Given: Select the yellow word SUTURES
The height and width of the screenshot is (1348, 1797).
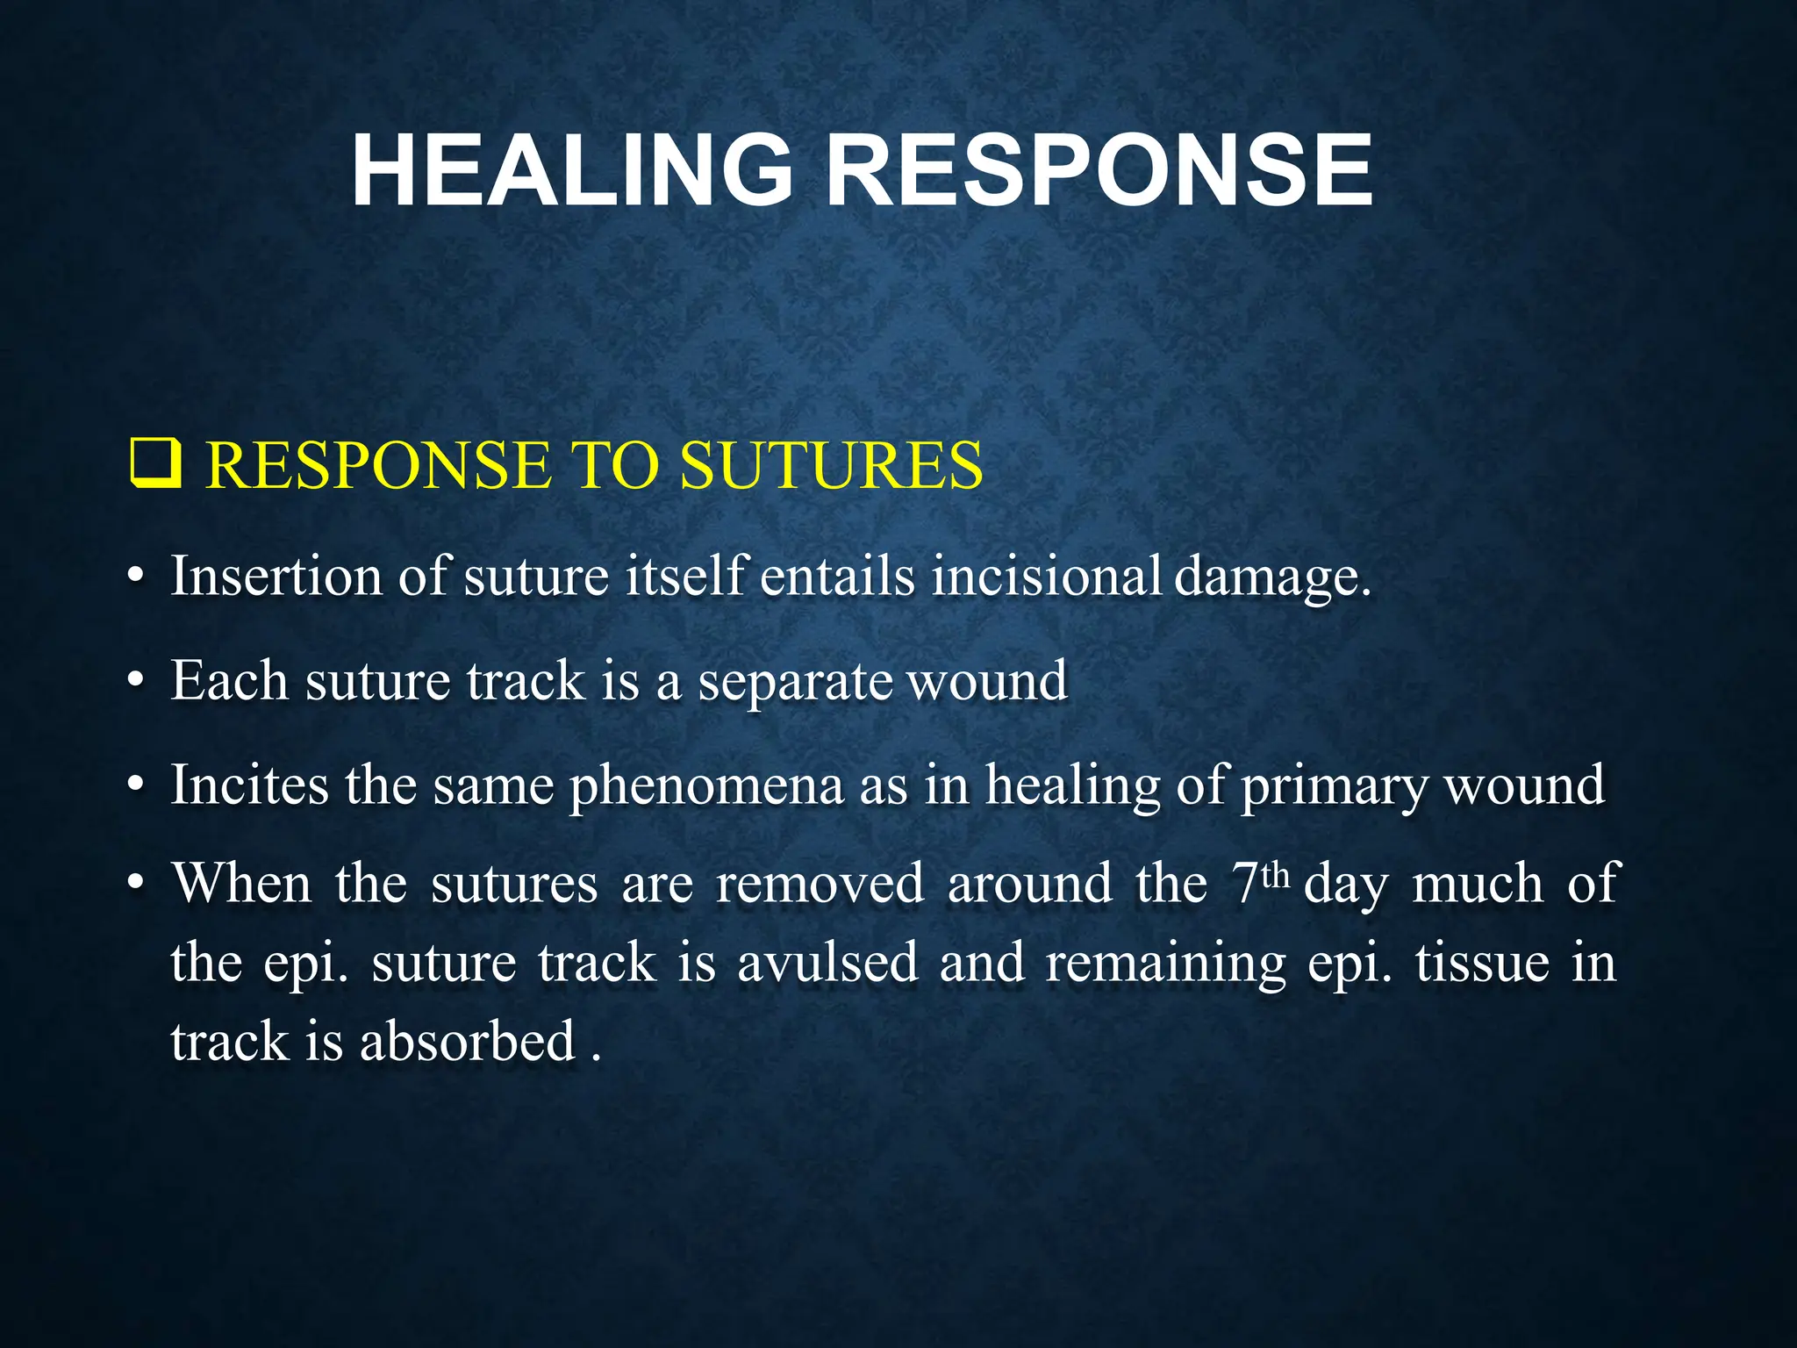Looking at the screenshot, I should pos(831,465).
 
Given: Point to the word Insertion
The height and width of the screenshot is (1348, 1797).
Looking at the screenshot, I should pos(276,577).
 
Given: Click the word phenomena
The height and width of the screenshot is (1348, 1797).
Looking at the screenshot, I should pos(706,786).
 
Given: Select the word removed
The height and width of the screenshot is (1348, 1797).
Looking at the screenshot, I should pos(820,883).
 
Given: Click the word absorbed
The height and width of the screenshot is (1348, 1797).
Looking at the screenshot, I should pos(467,1042).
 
